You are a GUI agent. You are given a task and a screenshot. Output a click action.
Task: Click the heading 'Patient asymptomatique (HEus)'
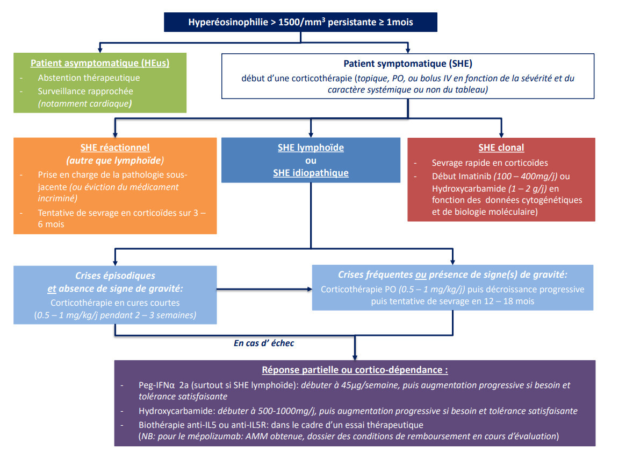coord(100,63)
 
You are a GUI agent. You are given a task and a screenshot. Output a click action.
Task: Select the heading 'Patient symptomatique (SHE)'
coord(408,64)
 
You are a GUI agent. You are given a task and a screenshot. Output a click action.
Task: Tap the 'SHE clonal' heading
coord(501,147)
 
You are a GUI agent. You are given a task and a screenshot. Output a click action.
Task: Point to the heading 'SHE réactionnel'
coord(115,147)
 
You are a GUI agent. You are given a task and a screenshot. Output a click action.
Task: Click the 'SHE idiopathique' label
coord(311,173)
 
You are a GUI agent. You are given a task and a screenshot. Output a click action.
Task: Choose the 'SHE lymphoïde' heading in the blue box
coord(311,147)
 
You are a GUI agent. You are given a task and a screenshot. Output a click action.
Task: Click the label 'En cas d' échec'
coord(264,343)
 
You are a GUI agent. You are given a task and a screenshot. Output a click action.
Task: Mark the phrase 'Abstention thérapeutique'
coord(89,78)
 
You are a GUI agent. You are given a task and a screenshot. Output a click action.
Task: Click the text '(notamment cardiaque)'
coord(85,103)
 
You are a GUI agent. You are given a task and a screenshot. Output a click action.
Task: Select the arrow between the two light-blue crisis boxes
coord(264,289)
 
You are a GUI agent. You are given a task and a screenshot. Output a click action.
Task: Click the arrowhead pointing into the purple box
coord(355,357)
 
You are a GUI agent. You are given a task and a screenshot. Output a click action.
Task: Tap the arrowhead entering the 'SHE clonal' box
coord(501,135)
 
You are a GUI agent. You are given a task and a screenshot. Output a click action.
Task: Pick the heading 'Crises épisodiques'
coord(115,276)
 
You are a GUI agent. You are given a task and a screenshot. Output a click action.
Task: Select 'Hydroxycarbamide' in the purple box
coord(176,411)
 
